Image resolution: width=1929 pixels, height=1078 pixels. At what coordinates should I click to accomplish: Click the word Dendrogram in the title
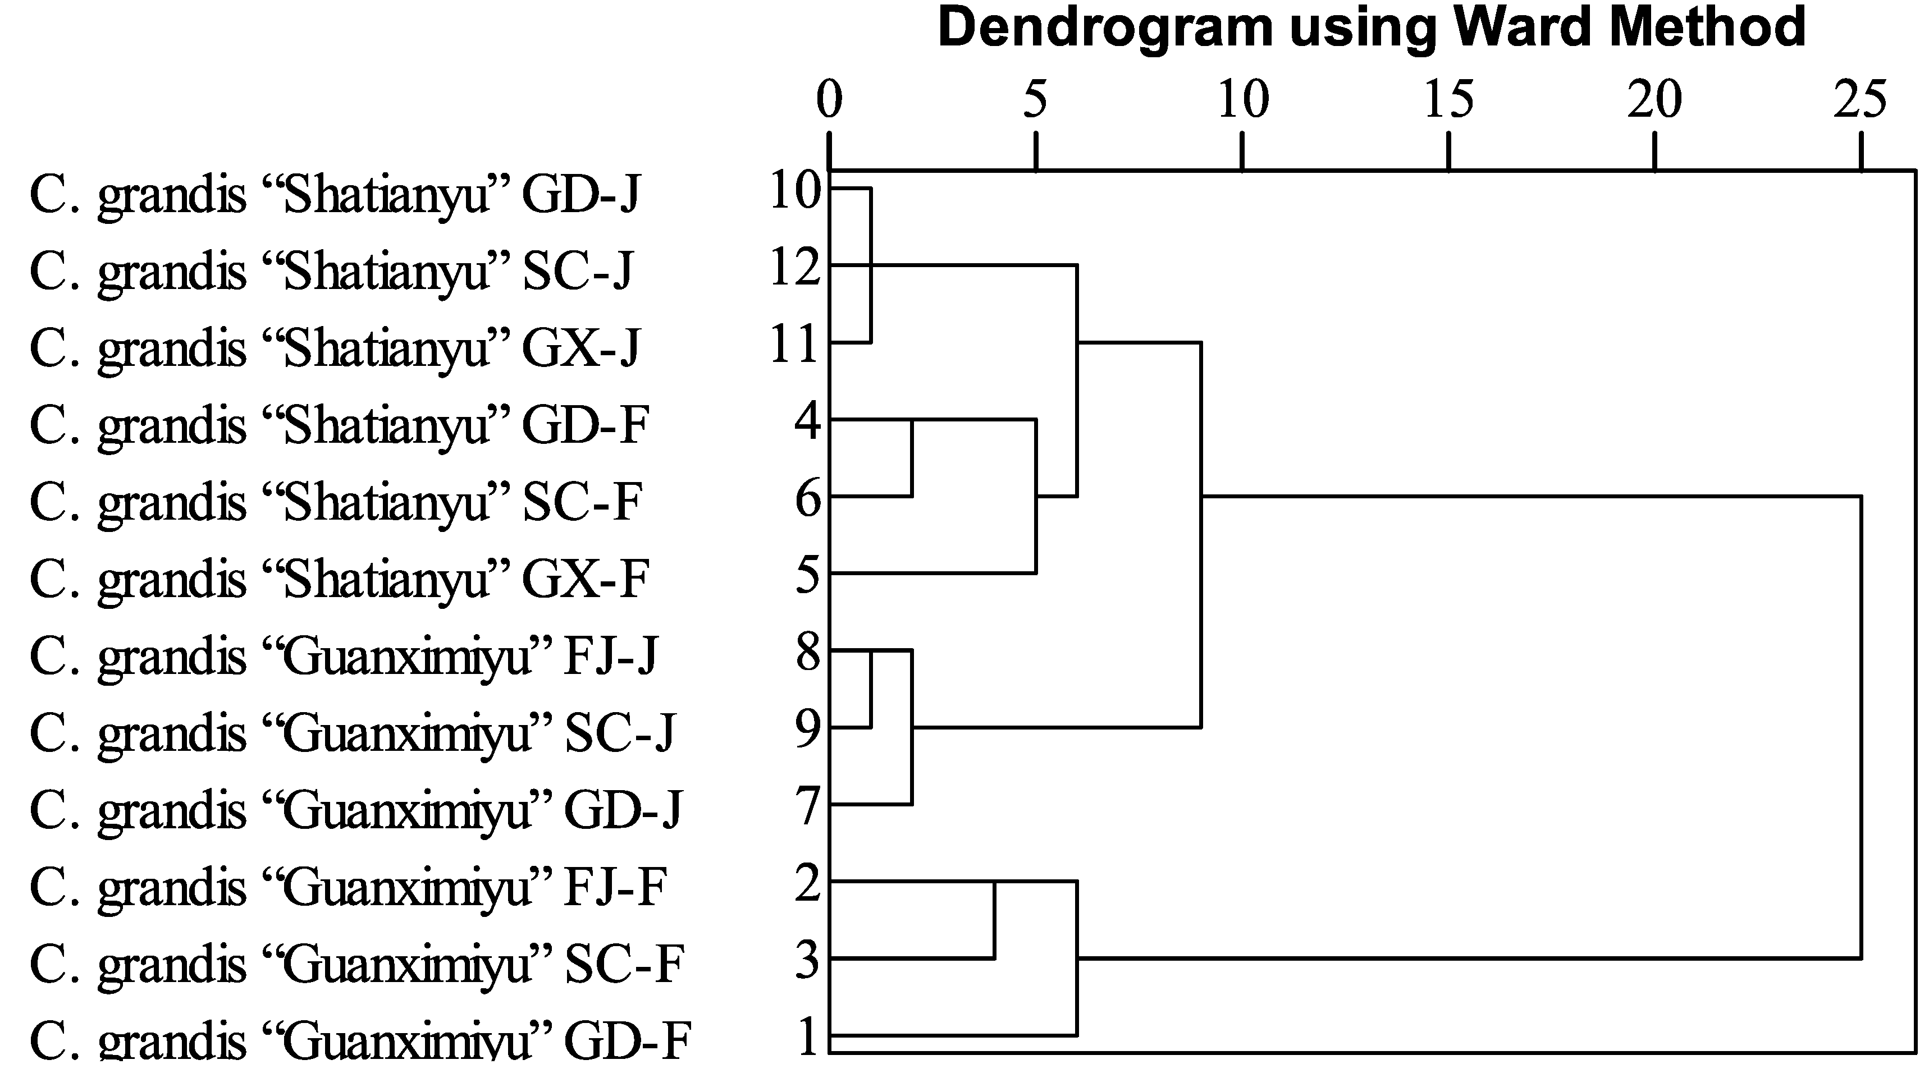1104,27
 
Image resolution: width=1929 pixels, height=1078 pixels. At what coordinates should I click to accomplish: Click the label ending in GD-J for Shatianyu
335,195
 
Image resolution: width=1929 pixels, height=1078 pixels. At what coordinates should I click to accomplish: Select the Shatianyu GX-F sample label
339,579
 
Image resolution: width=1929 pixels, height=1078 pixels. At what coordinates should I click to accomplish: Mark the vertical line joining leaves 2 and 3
994,920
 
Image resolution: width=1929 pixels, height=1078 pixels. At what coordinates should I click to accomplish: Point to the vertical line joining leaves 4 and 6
911,458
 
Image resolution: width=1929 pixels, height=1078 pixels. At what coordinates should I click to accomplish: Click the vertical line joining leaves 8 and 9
871,689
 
